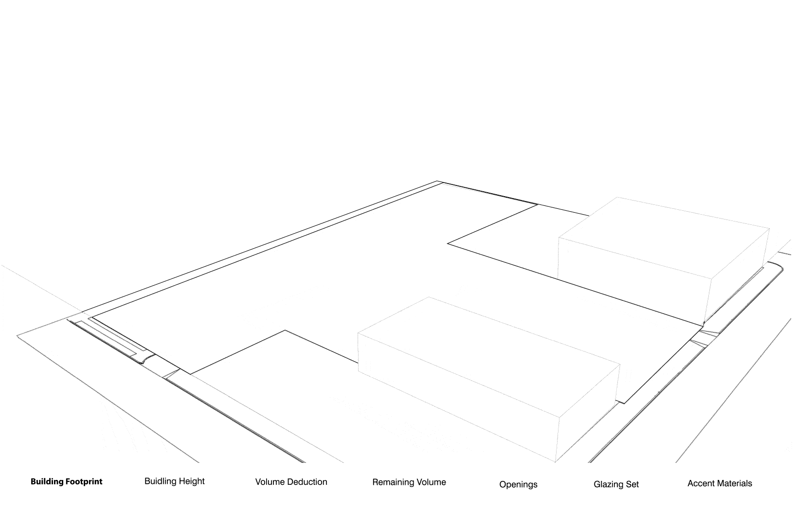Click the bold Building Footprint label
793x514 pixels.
(x=66, y=482)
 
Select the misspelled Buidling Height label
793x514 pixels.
(x=174, y=481)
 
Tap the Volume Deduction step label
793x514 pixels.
(x=291, y=482)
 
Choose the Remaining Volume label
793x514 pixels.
(x=409, y=482)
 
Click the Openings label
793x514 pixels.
(x=518, y=484)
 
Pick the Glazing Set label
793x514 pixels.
(x=616, y=484)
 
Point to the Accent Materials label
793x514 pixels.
(x=720, y=483)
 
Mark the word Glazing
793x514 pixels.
(x=608, y=484)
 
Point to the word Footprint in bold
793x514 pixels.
(x=84, y=482)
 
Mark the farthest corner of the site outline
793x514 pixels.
(x=437, y=182)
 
